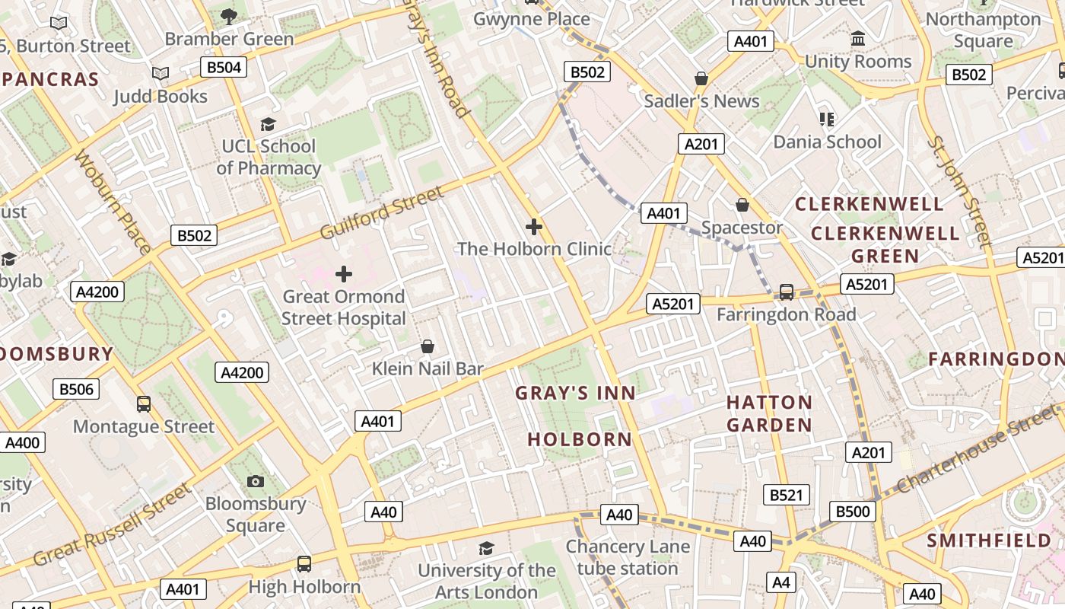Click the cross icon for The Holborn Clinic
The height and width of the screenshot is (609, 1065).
click(x=534, y=226)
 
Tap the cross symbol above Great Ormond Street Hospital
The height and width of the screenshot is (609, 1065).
click(x=344, y=273)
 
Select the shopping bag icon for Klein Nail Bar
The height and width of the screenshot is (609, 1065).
click(x=428, y=346)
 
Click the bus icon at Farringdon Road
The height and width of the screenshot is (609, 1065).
click(x=787, y=292)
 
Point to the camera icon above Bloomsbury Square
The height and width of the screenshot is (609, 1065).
click(x=256, y=481)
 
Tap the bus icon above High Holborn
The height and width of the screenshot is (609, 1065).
click(x=304, y=564)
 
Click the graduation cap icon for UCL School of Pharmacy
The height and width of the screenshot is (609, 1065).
click(x=268, y=123)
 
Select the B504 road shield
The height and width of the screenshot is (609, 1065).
click(x=224, y=67)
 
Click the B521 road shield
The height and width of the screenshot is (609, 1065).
click(x=787, y=495)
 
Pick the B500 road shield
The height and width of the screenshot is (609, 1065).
click(x=852, y=512)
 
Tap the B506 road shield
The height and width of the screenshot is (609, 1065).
click(x=77, y=390)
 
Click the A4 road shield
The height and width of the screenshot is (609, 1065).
click(x=781, y=582)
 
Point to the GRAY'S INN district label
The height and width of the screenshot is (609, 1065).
click(x=575, y=393)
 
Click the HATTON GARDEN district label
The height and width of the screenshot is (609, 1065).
click(x=769, y=413)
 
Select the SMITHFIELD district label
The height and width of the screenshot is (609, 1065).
click(x=989, y=540)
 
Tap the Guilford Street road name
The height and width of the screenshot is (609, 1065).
click(x=381, y=212)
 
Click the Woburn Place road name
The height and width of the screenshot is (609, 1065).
click(x=113, y=202)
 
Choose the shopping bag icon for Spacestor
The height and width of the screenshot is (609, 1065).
click(x=742, y=205)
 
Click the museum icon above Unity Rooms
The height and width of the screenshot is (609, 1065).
click(x=858, y=38)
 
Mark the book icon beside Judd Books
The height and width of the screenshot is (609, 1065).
click(x=160, y=74)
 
